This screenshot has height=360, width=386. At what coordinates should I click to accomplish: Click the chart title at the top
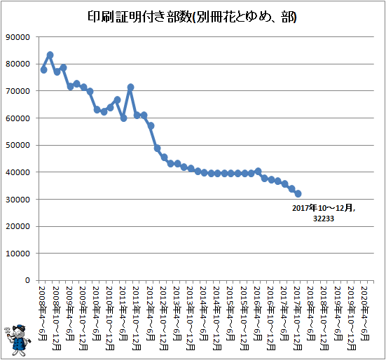point(192,17)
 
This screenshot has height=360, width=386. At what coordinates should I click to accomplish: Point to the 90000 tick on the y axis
point(18,37)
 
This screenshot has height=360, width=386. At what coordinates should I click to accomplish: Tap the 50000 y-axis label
point(18,145)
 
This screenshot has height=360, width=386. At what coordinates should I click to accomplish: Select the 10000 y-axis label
point(18,254)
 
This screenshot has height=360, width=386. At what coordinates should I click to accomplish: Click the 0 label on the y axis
point(27,280)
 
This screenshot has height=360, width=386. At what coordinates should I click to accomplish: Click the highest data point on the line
point(50,55)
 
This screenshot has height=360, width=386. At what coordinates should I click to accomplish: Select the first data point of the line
point(43,70)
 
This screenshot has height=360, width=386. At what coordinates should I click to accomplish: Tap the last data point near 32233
point(298,194)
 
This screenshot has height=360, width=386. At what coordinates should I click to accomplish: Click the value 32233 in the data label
point(324,219)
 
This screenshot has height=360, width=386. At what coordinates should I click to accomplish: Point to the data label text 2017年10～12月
point(323,208)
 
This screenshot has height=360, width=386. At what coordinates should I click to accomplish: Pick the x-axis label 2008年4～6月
point(43,313)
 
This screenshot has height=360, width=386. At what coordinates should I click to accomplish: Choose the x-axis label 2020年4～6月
point(365,313)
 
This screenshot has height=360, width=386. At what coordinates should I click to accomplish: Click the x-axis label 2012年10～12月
point(163,318)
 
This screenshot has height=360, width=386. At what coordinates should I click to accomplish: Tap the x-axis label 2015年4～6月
point(230,313)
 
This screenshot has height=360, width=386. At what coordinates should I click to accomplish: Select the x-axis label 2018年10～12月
point(324,318)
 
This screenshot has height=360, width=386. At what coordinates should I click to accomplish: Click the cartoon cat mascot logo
point(18,340)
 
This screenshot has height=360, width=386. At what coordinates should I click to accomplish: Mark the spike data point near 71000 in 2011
point(130,87)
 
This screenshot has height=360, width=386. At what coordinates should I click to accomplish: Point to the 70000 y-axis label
point(18,91)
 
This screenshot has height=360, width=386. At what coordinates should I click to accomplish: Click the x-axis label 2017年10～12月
point(298,318)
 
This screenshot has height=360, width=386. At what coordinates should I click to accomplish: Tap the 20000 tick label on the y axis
point(18,226)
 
